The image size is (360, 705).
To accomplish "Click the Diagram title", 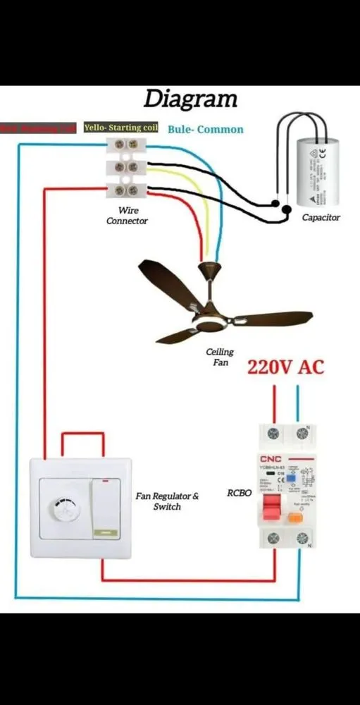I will coord(190,99).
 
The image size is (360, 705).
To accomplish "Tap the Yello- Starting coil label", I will coord(121,128).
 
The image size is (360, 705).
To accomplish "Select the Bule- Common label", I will coord(206,129).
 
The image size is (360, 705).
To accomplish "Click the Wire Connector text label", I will coord(128,216).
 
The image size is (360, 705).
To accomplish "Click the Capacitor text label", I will coord(321,218).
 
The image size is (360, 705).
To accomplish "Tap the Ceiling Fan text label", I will coord(219,357).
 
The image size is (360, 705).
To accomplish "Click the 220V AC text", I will coord(285,367).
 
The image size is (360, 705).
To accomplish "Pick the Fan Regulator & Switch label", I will coord(167,501).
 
